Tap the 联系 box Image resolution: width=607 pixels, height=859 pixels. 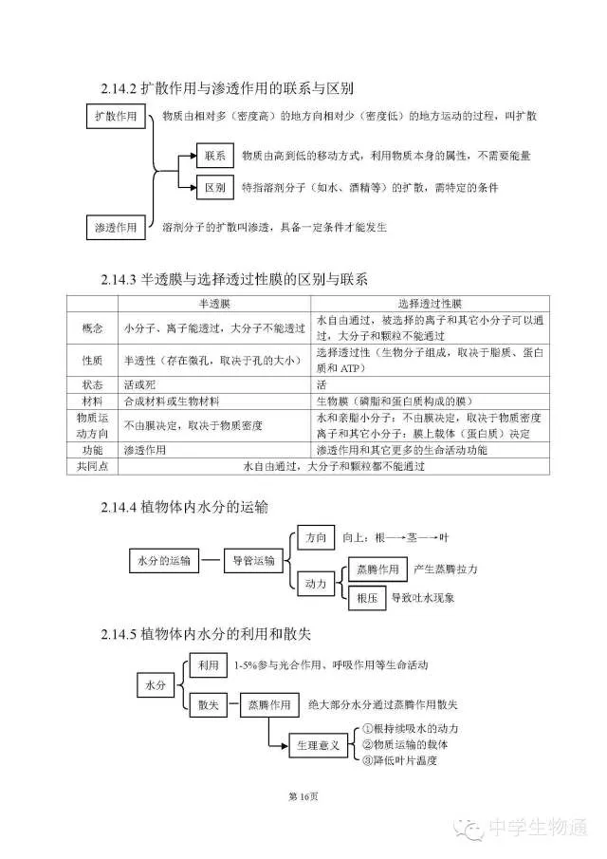[x=214, y=155]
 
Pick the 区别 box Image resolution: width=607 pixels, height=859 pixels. [x=214, y=187]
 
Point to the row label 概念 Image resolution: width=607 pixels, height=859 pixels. [x=92, y=327]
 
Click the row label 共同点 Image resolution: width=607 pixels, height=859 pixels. [x=92, y=466]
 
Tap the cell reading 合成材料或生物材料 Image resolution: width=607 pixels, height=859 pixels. [x=171, y=401]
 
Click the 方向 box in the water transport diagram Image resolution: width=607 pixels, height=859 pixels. [x=315, y=537]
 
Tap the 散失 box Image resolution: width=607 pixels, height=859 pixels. [x=208, y=705]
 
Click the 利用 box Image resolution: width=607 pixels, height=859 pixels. [x=208, y=666]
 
